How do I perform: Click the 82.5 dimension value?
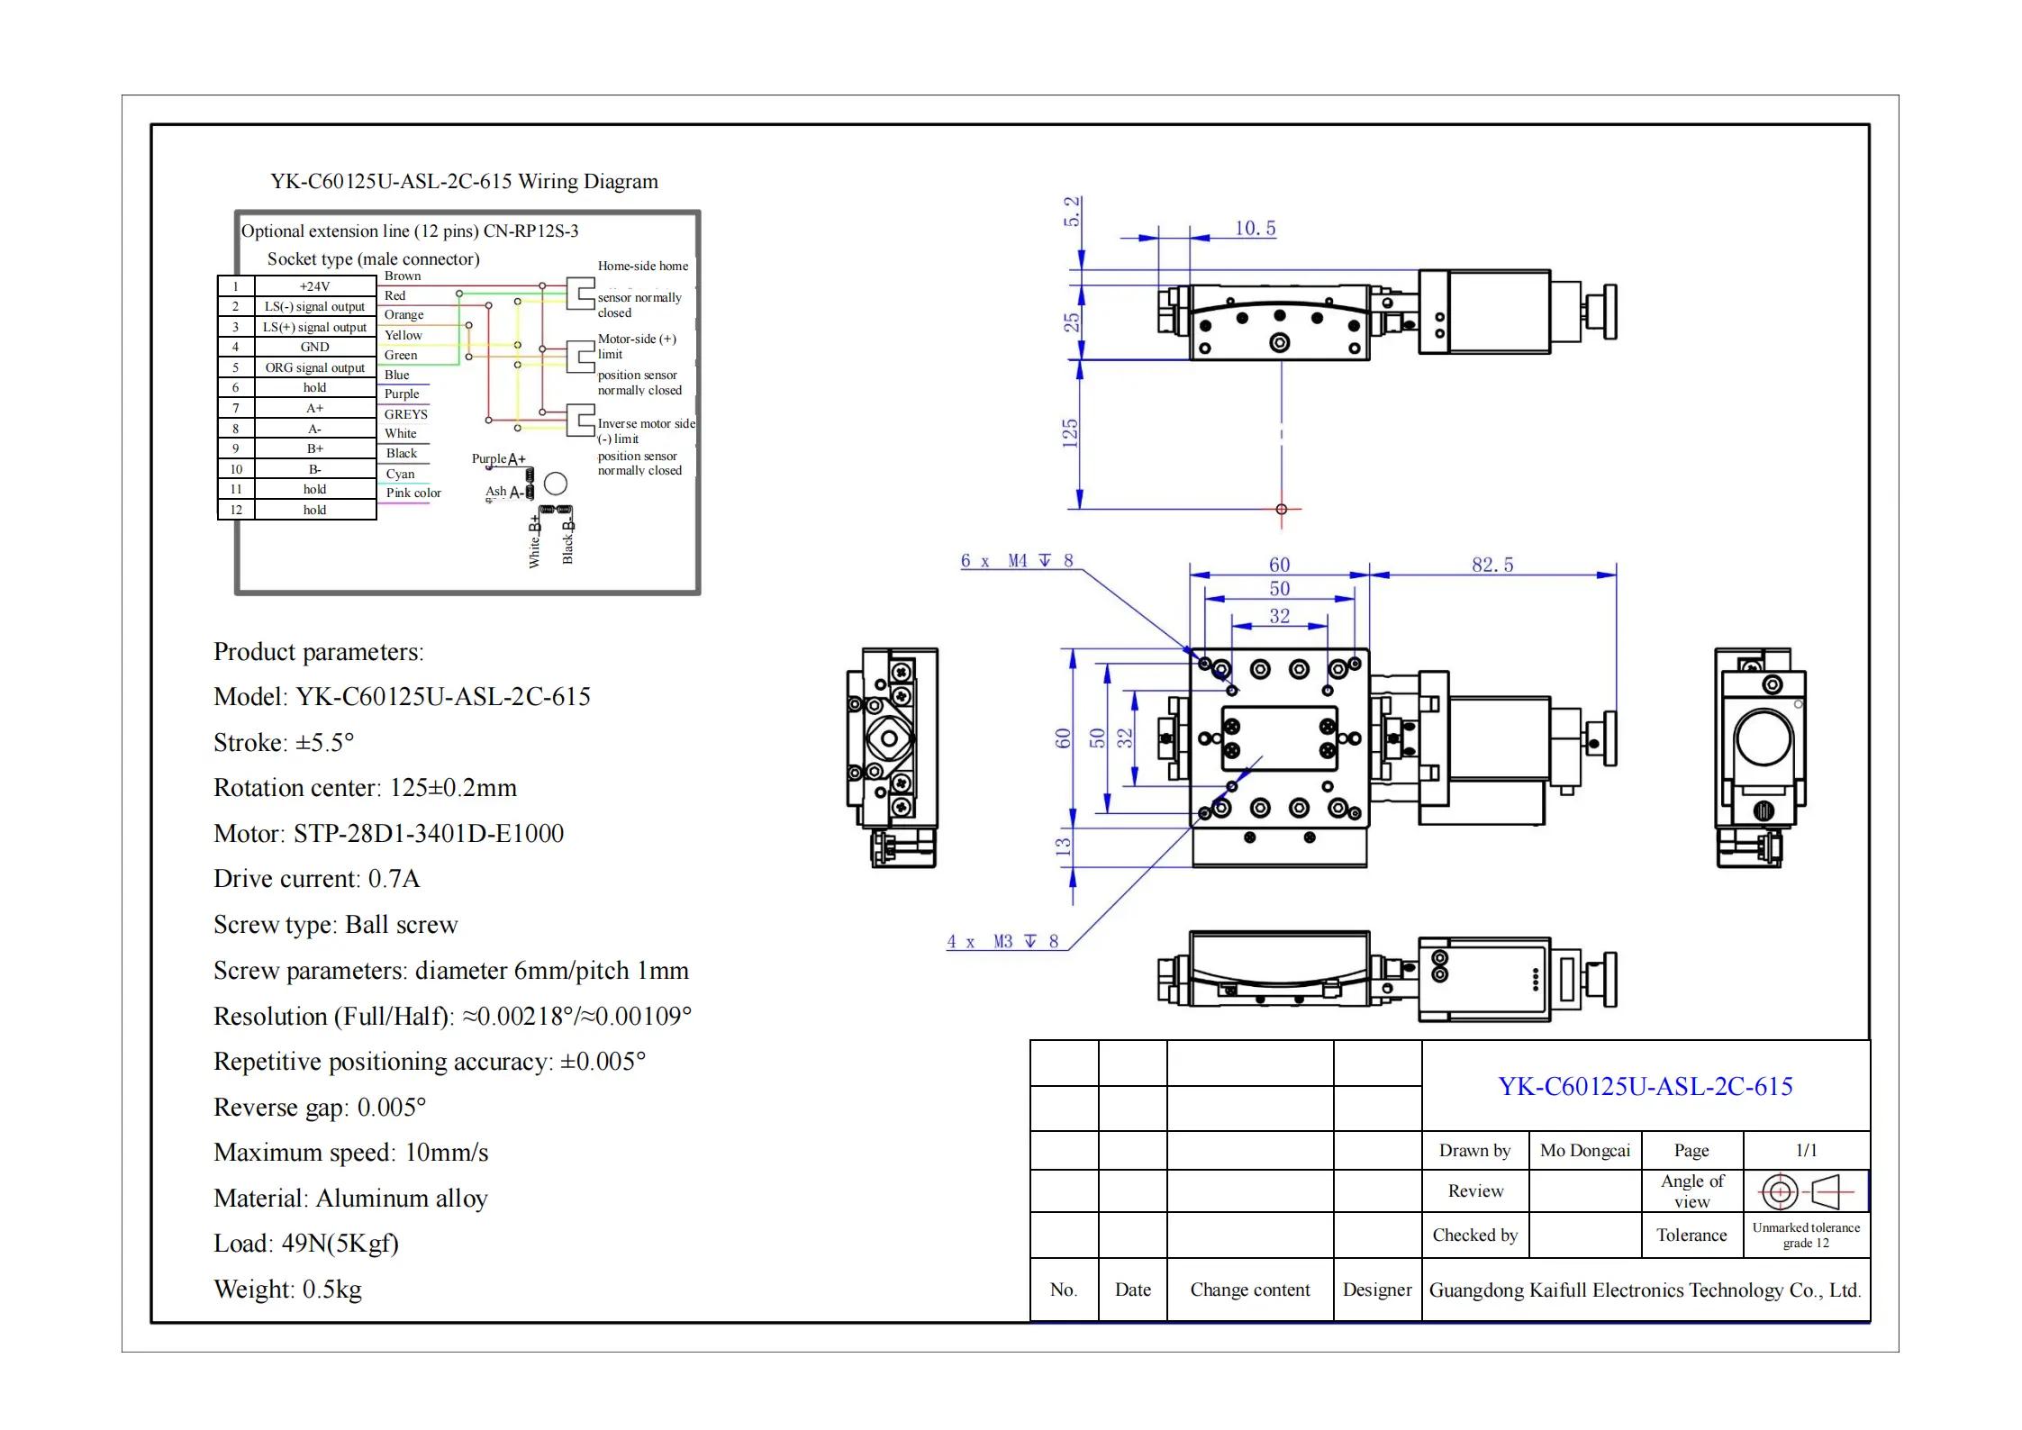(1492, 565)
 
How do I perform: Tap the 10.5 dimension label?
(1255, 228)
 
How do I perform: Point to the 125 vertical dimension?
(1070, 433)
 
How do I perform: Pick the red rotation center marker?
(1281, 510)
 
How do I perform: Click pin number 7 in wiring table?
(236, 408)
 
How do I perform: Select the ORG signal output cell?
(314, 367)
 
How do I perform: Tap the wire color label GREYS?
(405, 414)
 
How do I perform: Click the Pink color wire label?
(413, 493)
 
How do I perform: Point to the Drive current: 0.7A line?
(316, 879)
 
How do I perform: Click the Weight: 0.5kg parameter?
(287, 1290)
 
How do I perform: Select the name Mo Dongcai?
(1584, 1151)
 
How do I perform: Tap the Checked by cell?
(1474, 1235)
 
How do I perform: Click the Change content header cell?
(1249, 1290)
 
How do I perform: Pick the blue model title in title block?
(1645, 1086)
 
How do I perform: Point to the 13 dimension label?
(1063, 846)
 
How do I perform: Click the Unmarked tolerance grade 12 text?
(1805, 1235)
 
